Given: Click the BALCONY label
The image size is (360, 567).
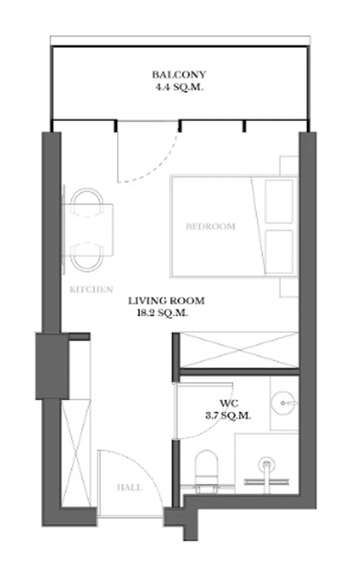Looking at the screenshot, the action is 179,75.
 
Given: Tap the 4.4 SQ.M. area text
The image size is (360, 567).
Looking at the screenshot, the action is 179,88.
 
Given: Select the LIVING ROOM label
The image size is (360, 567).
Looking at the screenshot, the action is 166,301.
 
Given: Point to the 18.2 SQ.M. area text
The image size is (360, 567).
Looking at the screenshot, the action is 162,313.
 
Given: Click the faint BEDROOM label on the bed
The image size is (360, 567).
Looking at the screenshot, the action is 211,226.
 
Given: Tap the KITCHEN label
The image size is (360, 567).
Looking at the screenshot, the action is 91,289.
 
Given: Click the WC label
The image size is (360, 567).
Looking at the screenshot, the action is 229,403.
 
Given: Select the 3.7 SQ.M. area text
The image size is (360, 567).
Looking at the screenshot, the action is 228,416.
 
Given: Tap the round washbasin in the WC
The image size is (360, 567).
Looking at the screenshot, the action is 283,403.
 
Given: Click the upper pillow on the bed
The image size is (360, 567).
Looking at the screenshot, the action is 279,201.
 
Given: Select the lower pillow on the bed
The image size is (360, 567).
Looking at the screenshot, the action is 279,251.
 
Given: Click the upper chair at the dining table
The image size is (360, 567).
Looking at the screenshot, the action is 87,202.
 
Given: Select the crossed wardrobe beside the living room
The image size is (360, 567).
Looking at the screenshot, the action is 239,350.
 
